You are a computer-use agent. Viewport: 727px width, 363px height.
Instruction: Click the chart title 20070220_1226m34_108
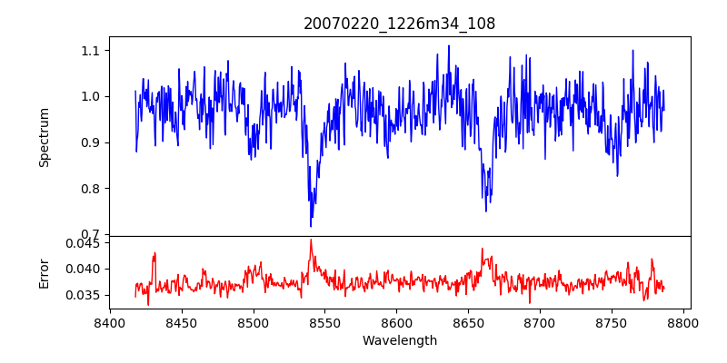click(399, 25)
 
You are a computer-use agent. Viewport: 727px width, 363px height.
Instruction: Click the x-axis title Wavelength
click(399, 341)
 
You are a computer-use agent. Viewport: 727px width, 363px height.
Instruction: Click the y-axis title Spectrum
click(45, 137)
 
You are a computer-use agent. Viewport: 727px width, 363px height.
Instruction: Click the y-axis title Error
click(45, 272)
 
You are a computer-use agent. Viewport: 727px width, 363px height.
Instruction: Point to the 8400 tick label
click(110, 322)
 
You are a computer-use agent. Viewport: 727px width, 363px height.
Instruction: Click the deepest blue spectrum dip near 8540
click(311, 226)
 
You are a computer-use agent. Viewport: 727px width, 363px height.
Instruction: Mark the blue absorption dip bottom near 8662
click(486, 211)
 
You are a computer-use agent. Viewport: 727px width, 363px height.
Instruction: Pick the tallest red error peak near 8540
click(311, 240)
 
